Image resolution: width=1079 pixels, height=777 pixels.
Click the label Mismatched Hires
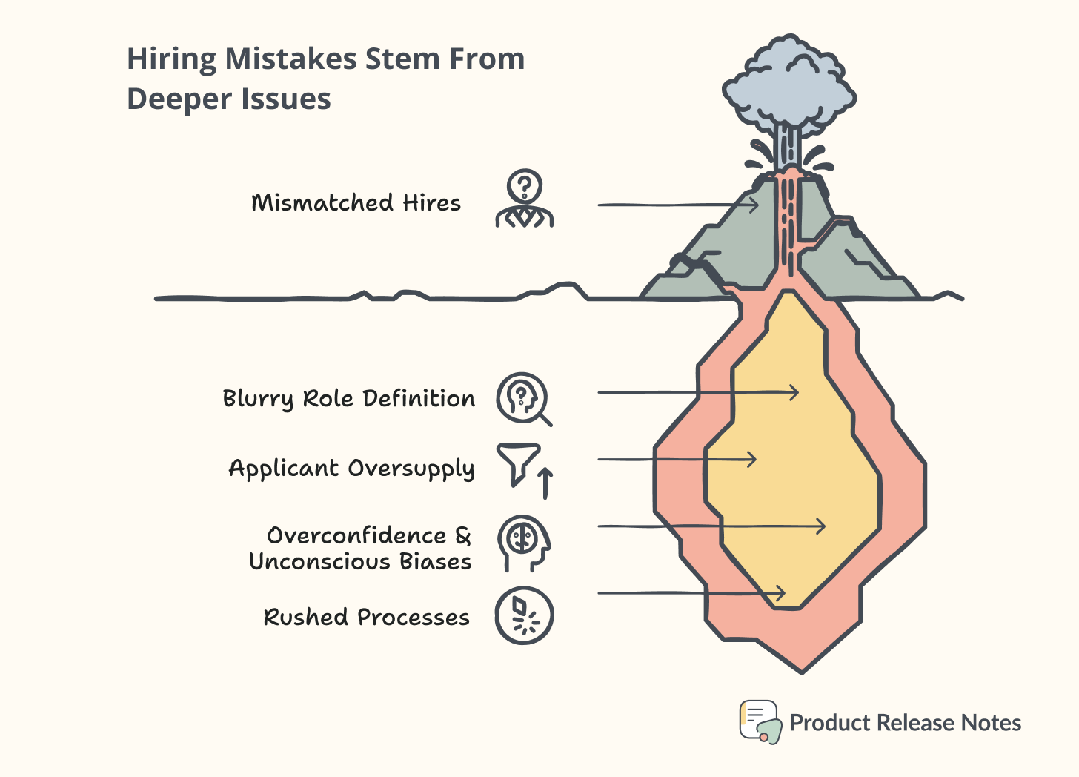pos(356,203)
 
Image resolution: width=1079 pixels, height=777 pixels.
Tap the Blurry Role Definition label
pos(348,399)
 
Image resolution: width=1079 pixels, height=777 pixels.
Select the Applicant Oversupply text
pos(351,469)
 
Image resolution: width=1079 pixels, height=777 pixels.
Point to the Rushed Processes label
pos(366,617)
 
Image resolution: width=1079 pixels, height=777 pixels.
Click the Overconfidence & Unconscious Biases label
pos(361,549)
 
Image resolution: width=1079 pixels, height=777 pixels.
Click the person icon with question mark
pos(525,199)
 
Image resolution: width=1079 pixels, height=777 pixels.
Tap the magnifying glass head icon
pos(523,399)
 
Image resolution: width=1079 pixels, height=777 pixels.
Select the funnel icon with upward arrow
pos(525,469)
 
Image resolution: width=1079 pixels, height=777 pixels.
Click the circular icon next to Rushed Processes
pos(525,615)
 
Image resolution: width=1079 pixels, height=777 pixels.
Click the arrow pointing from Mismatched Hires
pos(677,205)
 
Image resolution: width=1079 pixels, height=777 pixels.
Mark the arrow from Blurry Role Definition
pos(697,393)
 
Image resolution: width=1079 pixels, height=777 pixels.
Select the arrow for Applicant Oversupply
pos(676,460)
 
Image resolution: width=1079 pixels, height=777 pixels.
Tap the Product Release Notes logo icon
pos(760,721)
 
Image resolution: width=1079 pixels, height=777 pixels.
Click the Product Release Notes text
pos(905,723)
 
